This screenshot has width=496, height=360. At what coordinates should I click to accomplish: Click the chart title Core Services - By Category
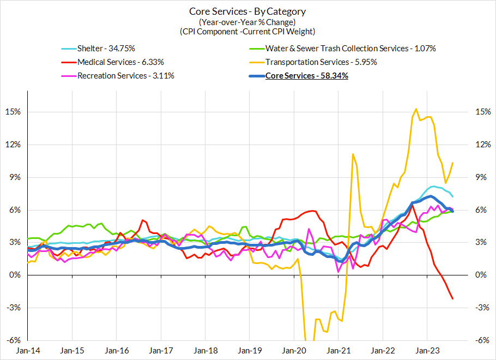click(247, 11)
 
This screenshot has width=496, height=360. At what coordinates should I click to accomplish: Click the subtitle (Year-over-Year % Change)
click(247, 22)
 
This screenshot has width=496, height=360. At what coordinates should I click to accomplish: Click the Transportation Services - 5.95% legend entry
click(321, 62)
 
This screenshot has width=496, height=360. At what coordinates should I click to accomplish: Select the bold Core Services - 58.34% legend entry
click(306, 76)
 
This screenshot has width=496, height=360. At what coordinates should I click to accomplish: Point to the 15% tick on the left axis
click(14, 112)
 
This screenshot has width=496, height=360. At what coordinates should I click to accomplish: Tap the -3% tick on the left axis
click(14, 308)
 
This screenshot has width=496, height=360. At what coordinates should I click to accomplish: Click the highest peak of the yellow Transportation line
click(416, 109)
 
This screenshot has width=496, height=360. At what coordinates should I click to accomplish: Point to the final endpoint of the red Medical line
click(453, 298)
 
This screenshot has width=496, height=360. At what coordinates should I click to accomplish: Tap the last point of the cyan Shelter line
click(453, 196)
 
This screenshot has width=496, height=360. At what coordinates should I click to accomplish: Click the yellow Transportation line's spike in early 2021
click(353, 154)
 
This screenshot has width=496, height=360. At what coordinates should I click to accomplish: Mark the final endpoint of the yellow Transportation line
click(453, 163)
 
